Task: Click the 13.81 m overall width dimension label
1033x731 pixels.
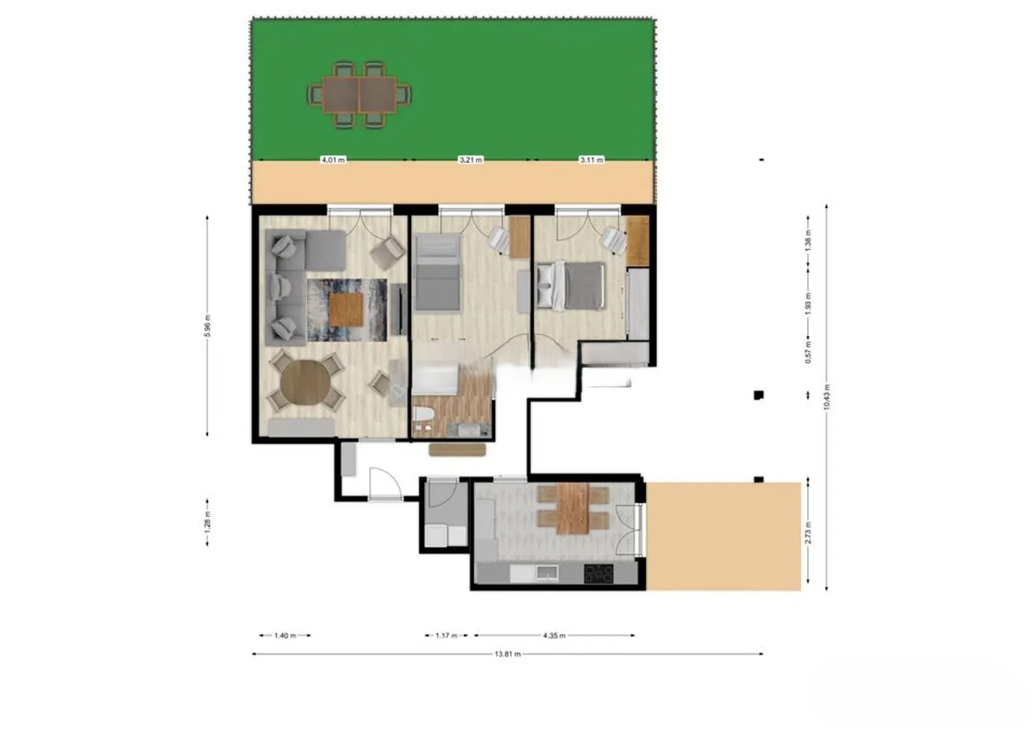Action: [508, 654]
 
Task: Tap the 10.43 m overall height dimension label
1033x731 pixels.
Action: [826, 396]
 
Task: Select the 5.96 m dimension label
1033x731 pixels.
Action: [207, 326]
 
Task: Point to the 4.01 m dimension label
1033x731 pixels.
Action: [333, 160]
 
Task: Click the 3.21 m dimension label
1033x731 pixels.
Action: [470, 160]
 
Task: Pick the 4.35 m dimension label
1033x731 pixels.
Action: [554, 635]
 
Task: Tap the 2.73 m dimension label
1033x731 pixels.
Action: [808, 533]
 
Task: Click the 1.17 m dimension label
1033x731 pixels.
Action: [446, 635]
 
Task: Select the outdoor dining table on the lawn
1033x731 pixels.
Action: [359, 95]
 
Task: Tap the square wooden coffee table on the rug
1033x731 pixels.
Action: [346, 309]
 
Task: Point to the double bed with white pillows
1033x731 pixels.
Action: [570, 285]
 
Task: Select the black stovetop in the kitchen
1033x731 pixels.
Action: [598, 574]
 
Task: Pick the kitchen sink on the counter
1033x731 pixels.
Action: [547, 573]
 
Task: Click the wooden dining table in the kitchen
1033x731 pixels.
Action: [573, 508]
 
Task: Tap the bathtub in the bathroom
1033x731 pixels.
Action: [435, 380]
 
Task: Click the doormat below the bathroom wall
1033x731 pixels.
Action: [457, 450]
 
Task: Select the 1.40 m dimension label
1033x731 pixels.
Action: [285, 635]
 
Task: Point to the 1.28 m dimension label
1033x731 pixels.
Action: [207, 523]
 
